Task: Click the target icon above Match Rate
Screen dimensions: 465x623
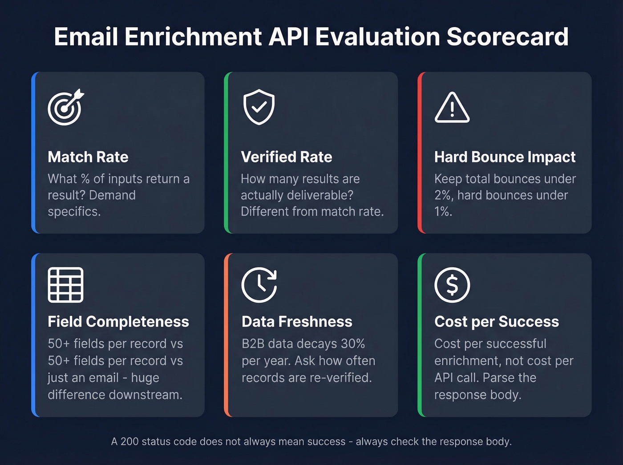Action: point(65,107)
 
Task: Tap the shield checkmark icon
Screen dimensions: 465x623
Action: point(259,107)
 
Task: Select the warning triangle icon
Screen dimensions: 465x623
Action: point(452,108)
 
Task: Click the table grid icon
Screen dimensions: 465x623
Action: point(65,285)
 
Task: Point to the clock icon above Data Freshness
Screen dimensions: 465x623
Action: point(259,285)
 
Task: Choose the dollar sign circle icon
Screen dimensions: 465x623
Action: point(452,285)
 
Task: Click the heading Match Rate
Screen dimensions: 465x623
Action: point(88,157)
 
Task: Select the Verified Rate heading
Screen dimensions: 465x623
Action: point(287,157)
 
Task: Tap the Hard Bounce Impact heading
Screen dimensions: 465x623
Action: point(505,157)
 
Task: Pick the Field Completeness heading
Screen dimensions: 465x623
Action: point(118,322)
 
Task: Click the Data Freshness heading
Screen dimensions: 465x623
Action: point(297,322)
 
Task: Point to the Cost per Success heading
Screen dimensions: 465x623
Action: point(497,322)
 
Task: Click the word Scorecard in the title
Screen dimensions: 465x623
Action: point(507,36)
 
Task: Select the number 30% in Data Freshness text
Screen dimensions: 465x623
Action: point(353,344)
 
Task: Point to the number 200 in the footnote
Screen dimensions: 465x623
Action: point(129,441)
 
